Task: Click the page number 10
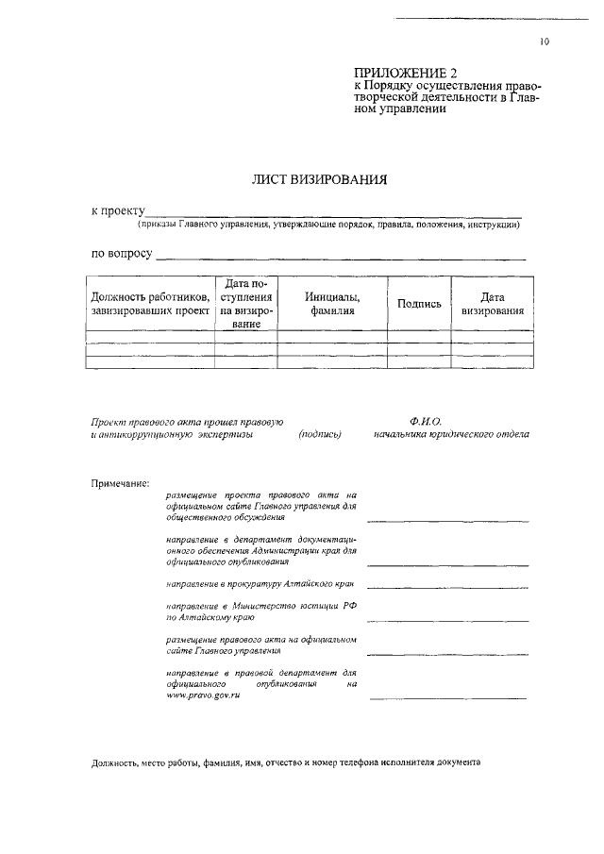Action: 545,42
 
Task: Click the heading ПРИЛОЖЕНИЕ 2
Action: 397,74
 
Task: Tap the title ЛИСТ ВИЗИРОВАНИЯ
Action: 307,179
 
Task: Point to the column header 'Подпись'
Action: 420,304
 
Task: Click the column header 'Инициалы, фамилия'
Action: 332,304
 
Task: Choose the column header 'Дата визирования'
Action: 493,304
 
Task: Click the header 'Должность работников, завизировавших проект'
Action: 150,304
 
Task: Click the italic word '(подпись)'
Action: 319,434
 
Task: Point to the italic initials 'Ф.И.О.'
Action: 426,421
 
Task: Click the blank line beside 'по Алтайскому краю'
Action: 446,623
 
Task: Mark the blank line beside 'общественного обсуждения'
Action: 446,521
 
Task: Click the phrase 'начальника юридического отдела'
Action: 451,434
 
